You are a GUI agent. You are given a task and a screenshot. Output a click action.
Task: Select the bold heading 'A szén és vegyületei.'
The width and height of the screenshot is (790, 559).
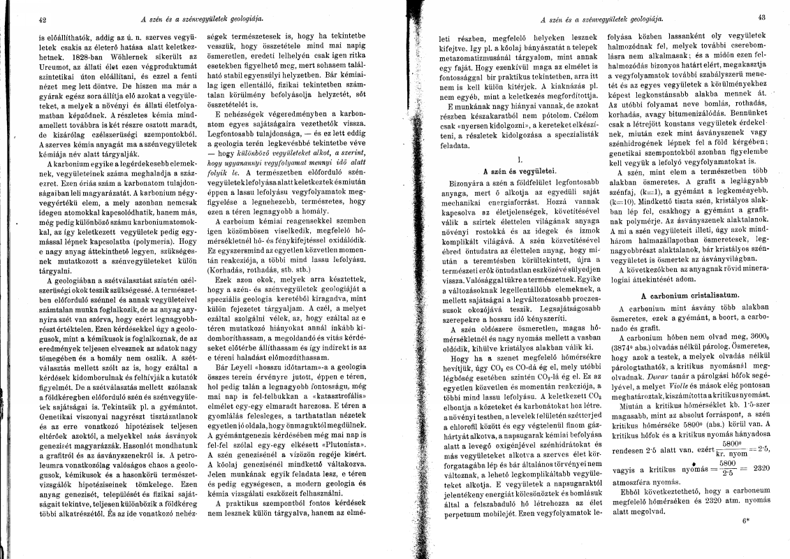513,170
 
